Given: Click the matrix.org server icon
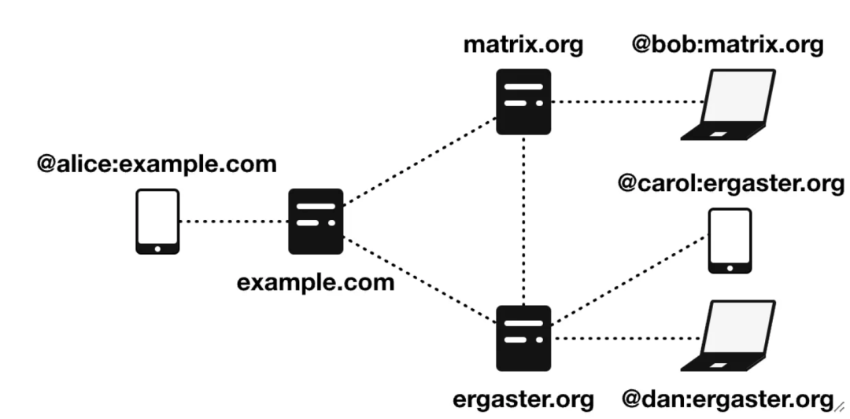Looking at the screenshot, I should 523,101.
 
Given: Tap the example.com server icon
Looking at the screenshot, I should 316,221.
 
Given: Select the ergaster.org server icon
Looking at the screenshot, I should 523,338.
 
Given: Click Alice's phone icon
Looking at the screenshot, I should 157,221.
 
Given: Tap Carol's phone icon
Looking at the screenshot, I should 730,241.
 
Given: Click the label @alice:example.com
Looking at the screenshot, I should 157,166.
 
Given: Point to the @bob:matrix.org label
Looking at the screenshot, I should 728,45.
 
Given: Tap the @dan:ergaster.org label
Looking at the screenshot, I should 726,399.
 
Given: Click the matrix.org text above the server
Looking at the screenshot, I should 523,45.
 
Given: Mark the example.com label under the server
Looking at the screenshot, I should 316,281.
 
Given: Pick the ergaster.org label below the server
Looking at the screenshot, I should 523,399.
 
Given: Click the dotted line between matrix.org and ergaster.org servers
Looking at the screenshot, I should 523,220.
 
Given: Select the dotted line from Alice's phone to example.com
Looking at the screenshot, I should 234,221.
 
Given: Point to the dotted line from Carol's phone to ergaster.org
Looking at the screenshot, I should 630,281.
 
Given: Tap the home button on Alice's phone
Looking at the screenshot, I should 157,248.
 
